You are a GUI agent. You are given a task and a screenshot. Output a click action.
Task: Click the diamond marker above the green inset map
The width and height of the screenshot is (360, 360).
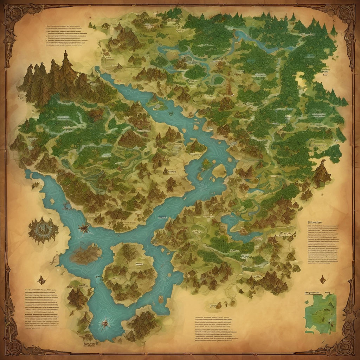click(322, 279)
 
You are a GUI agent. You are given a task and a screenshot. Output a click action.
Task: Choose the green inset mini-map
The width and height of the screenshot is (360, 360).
click(320, 313)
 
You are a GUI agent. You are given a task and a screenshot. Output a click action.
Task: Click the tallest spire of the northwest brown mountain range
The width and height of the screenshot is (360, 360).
click(65, 56)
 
